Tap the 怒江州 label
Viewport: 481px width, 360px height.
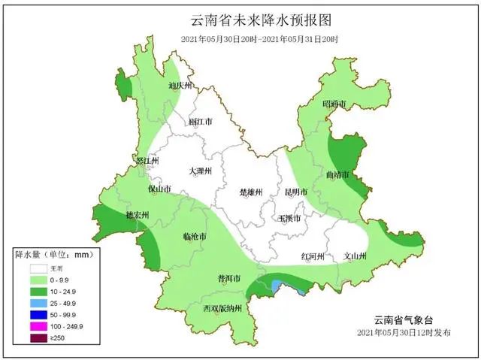pyautogui.click(x=147, y=161)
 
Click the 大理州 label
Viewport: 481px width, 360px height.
pyautogui.click(x=201, y=171)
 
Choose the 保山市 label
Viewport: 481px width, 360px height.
pyautogui.click(x=159, y=189)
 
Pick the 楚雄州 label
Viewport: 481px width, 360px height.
pyautogui.click(x=250, y=192)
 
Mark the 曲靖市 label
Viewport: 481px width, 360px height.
pyautogui.click(x=337, y=175)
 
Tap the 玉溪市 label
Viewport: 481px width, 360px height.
pyautogui.click(x=290, y=219)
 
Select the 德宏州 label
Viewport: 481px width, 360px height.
pyautogui.click(x=137, y=215)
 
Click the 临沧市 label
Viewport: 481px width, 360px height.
pyautogui.click(x=195, y=237)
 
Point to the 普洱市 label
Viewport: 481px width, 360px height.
pyautogui.click(x=228, y=279)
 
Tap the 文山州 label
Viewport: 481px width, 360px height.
pyautogui.click(x=354, y=256)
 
